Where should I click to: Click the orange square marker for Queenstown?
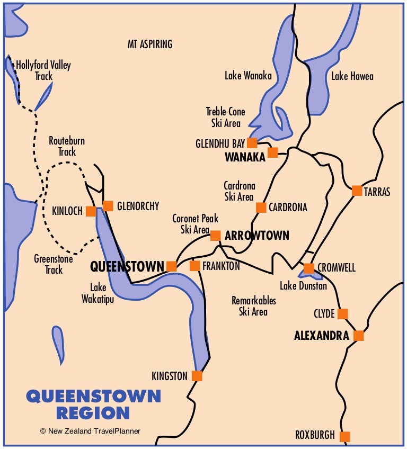pos(171,266)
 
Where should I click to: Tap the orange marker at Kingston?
pos(197,376)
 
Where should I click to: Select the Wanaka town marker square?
pos(272,152)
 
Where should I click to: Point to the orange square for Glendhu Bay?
pos(252,143)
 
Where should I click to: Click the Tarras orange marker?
pos(357,191)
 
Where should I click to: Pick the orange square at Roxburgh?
pos(345,436)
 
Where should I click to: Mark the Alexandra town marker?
pos(359,336)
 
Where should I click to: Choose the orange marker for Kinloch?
pos(91,211)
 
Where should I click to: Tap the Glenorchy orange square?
pos(108,206)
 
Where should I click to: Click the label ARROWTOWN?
pos(256,236)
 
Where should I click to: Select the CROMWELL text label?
pos(337,267)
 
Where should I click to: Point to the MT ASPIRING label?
pos(150,44)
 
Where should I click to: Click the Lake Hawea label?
pos(352,76)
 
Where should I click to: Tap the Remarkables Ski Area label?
pos(253,306)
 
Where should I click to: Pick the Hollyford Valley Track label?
pos(43,70)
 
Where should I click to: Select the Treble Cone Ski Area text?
pos(225,117)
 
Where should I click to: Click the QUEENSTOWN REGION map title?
pos(93,404)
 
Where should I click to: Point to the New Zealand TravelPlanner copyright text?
pos(90,431)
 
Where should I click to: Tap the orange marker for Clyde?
pos(343,314)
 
